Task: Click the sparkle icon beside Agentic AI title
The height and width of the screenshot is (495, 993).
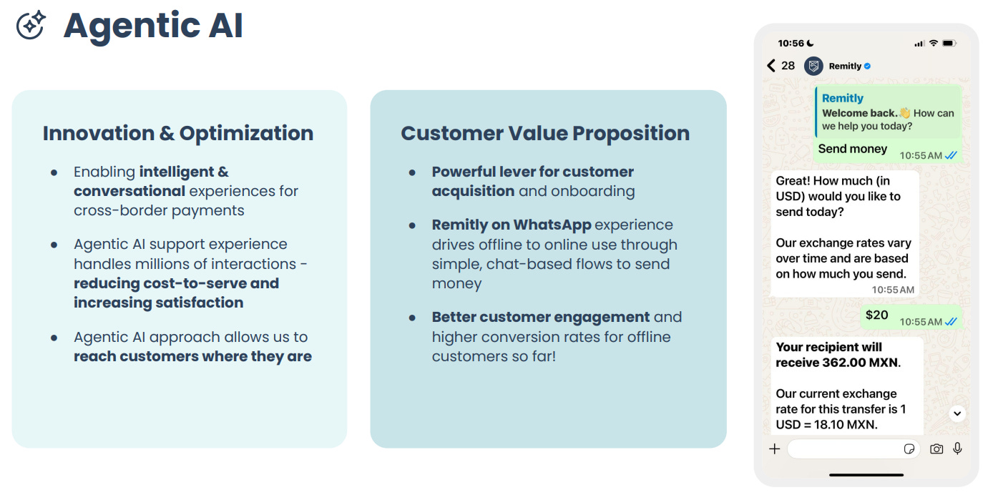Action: coord(31,25)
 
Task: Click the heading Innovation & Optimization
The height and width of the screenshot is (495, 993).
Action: coord(177,133)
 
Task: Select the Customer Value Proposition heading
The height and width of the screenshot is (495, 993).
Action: coord(545,133)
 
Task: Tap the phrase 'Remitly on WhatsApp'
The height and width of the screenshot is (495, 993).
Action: coord(511,225)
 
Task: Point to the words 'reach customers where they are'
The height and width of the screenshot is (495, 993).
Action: coord(192,356)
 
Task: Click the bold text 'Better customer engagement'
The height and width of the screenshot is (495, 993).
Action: coord(541,317)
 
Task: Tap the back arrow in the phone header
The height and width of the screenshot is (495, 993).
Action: coord(771,66)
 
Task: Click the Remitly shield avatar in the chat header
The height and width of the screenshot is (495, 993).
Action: coord(813,66)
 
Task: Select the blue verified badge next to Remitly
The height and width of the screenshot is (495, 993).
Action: coord(868,66)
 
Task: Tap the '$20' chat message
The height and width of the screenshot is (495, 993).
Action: coord(876,315)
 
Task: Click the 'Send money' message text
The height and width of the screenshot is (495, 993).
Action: coord(852,149)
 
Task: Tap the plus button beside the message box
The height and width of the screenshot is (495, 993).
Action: coord(774,449)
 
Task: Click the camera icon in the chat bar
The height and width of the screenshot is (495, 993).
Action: coord(936,449)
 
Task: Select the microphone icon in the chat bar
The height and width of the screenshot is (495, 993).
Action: coord(957,449)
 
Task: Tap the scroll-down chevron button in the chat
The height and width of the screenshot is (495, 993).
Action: coord(957,413)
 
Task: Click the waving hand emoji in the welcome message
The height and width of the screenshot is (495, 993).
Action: coord(904,113)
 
